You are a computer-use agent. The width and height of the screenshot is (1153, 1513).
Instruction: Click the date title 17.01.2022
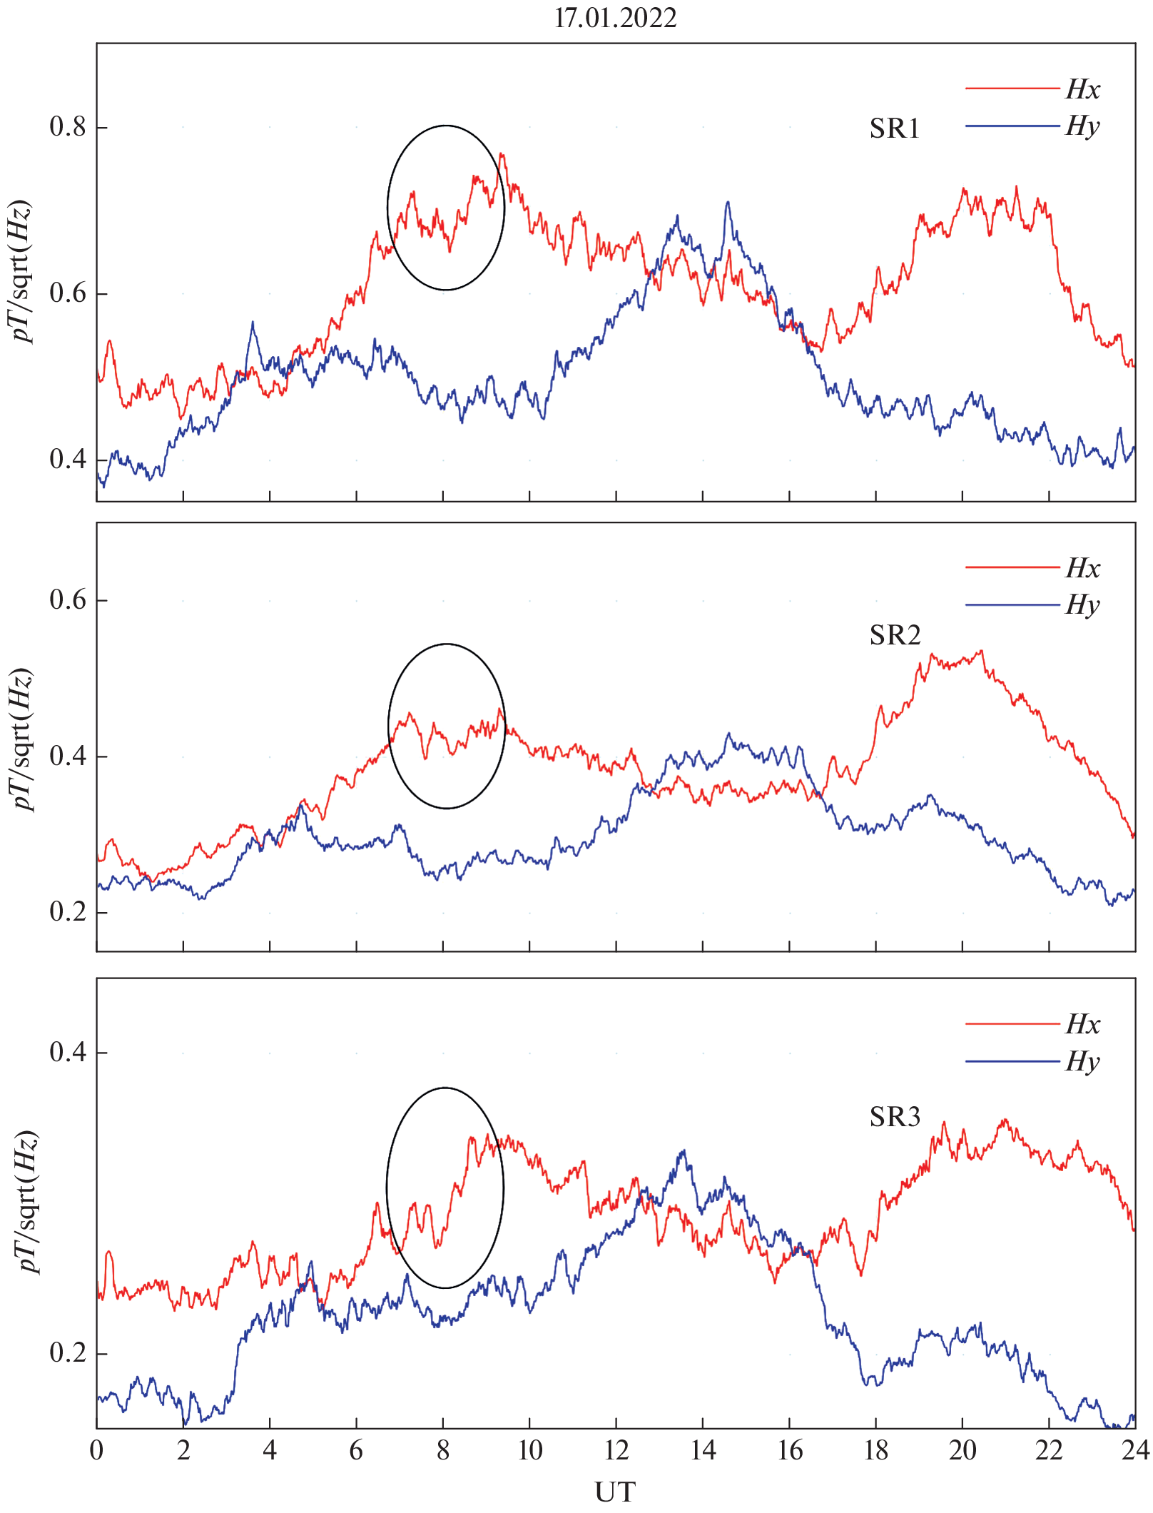(615, 18)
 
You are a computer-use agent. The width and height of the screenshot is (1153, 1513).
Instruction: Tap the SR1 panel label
(895, 129)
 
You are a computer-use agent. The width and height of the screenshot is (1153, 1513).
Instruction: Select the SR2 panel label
(895, 635)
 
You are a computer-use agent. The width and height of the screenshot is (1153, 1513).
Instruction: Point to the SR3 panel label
(895, 1117)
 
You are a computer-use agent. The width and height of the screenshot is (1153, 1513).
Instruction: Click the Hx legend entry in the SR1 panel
(1082, 89)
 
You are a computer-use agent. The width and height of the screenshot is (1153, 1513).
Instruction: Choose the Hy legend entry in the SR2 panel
(1082, 605)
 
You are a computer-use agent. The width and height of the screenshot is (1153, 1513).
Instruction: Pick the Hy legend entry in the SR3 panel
(1082, 1062)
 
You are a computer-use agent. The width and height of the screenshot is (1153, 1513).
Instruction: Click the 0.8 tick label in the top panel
(68, 127)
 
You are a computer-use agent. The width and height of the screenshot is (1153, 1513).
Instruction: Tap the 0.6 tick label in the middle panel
(68, 600)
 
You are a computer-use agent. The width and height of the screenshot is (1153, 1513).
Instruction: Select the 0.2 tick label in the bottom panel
(68, 1352)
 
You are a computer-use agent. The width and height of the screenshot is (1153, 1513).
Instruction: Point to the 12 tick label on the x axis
(616, 1451)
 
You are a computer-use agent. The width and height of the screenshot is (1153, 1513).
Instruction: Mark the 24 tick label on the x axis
(1134, 1451)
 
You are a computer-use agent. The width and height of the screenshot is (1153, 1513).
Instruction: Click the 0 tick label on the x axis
(97, 1451)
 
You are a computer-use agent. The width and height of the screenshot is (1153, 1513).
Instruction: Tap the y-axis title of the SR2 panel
(23, 739)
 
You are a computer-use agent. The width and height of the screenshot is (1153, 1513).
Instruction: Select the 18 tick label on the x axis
(876, 1451)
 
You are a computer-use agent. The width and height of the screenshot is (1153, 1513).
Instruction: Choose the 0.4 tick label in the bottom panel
(68, 1052)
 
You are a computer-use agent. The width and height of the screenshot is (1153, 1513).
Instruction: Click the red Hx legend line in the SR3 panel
(1012, 1024)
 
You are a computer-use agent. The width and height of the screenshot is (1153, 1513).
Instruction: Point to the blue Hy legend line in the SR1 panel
(1012, 126)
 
